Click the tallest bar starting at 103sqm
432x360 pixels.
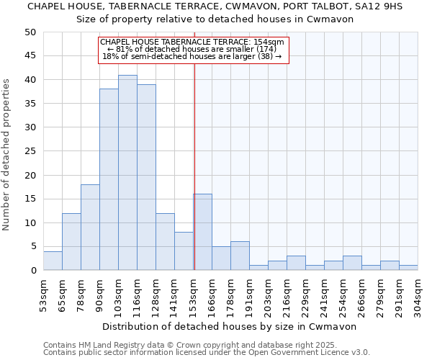coord(127,173)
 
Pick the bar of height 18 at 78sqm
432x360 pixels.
coord(90,228)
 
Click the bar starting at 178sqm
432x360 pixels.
coord(240,256)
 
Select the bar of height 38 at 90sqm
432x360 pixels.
coord(109,180)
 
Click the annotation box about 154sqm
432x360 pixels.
coord(193,50)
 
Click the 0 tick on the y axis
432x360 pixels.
coord(32,271)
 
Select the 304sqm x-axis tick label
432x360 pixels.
coord(418,294)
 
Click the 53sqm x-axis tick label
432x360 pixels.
coord(43,294)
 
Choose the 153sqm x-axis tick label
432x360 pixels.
coord(193,294)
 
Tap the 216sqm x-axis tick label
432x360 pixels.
coord(287,294)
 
